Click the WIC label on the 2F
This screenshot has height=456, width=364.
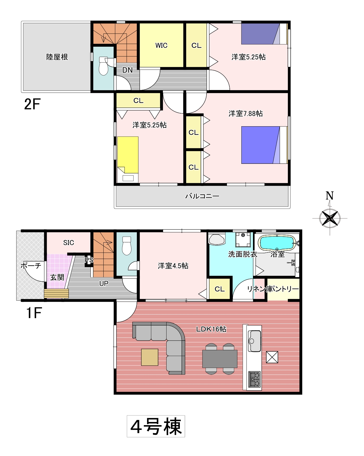(x=161, y=45)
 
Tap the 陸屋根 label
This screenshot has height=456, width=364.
(x=57, y=57)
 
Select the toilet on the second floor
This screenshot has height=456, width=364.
(x=103, y=66)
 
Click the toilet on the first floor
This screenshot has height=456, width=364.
(x=127, y=246)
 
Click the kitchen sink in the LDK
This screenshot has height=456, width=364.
(x=254, y=341)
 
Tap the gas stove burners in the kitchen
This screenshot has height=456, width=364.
(x=254, y=379)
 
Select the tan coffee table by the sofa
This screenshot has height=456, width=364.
(x=150, y=357)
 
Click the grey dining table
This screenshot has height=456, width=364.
(x=220, y=359)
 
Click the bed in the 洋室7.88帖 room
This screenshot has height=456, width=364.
(x=264, y=145)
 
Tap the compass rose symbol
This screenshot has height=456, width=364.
(x=330, y=218)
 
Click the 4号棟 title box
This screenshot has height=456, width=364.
(x=156, y=426)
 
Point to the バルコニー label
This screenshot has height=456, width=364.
(x=202, y=196)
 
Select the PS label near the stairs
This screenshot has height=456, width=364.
(x=89, y=260)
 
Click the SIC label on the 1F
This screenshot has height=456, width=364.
(x=69, y=243)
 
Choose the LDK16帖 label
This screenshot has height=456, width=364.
(x=211, y=329)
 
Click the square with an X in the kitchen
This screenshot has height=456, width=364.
(x=272, y=357)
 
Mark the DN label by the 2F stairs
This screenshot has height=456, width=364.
(x=127, y=70)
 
